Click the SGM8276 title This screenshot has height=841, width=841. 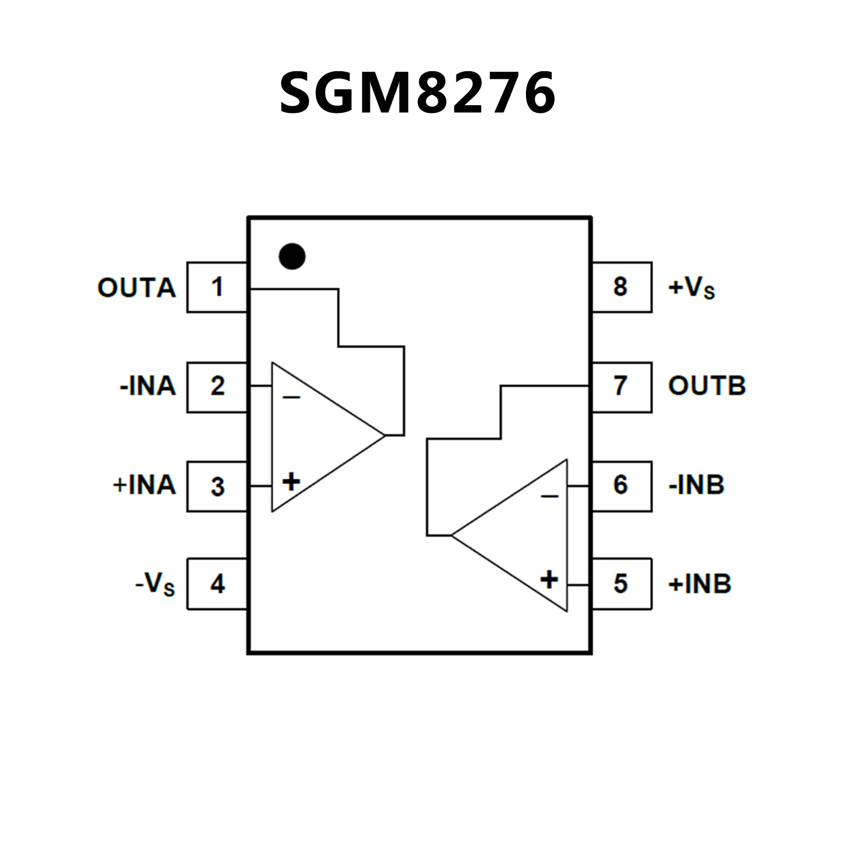(x=417, y=93)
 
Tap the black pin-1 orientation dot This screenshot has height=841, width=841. (x=292, y=256)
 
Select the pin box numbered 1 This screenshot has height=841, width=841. (x=217, y=287)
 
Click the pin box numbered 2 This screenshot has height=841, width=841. (x=217, y=387)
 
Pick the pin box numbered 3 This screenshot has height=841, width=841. (x=217, y=487)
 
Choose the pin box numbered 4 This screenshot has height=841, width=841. (x=217, y=584)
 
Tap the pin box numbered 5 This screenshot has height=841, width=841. (x=621, y=584)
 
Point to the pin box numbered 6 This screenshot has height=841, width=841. (x=621, y=485)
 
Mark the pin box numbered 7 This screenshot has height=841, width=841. (x=621, y=386)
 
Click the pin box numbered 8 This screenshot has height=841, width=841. (x=621, y=287)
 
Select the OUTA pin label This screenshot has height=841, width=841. (x=136, y=288)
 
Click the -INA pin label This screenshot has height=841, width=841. (x=147, y=386)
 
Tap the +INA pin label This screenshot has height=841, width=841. (x=144, y=485)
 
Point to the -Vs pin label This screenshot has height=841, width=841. (x=155, y=584)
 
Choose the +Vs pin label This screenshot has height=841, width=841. (x=691, y=288)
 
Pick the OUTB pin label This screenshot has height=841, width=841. (x=707, y=386)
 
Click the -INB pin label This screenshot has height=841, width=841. (x=696, y=485)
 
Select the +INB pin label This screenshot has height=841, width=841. (x=700, y=584)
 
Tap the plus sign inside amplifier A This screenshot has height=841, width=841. (x=291, y=482)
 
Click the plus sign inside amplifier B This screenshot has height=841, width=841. (x=549, y=580)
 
